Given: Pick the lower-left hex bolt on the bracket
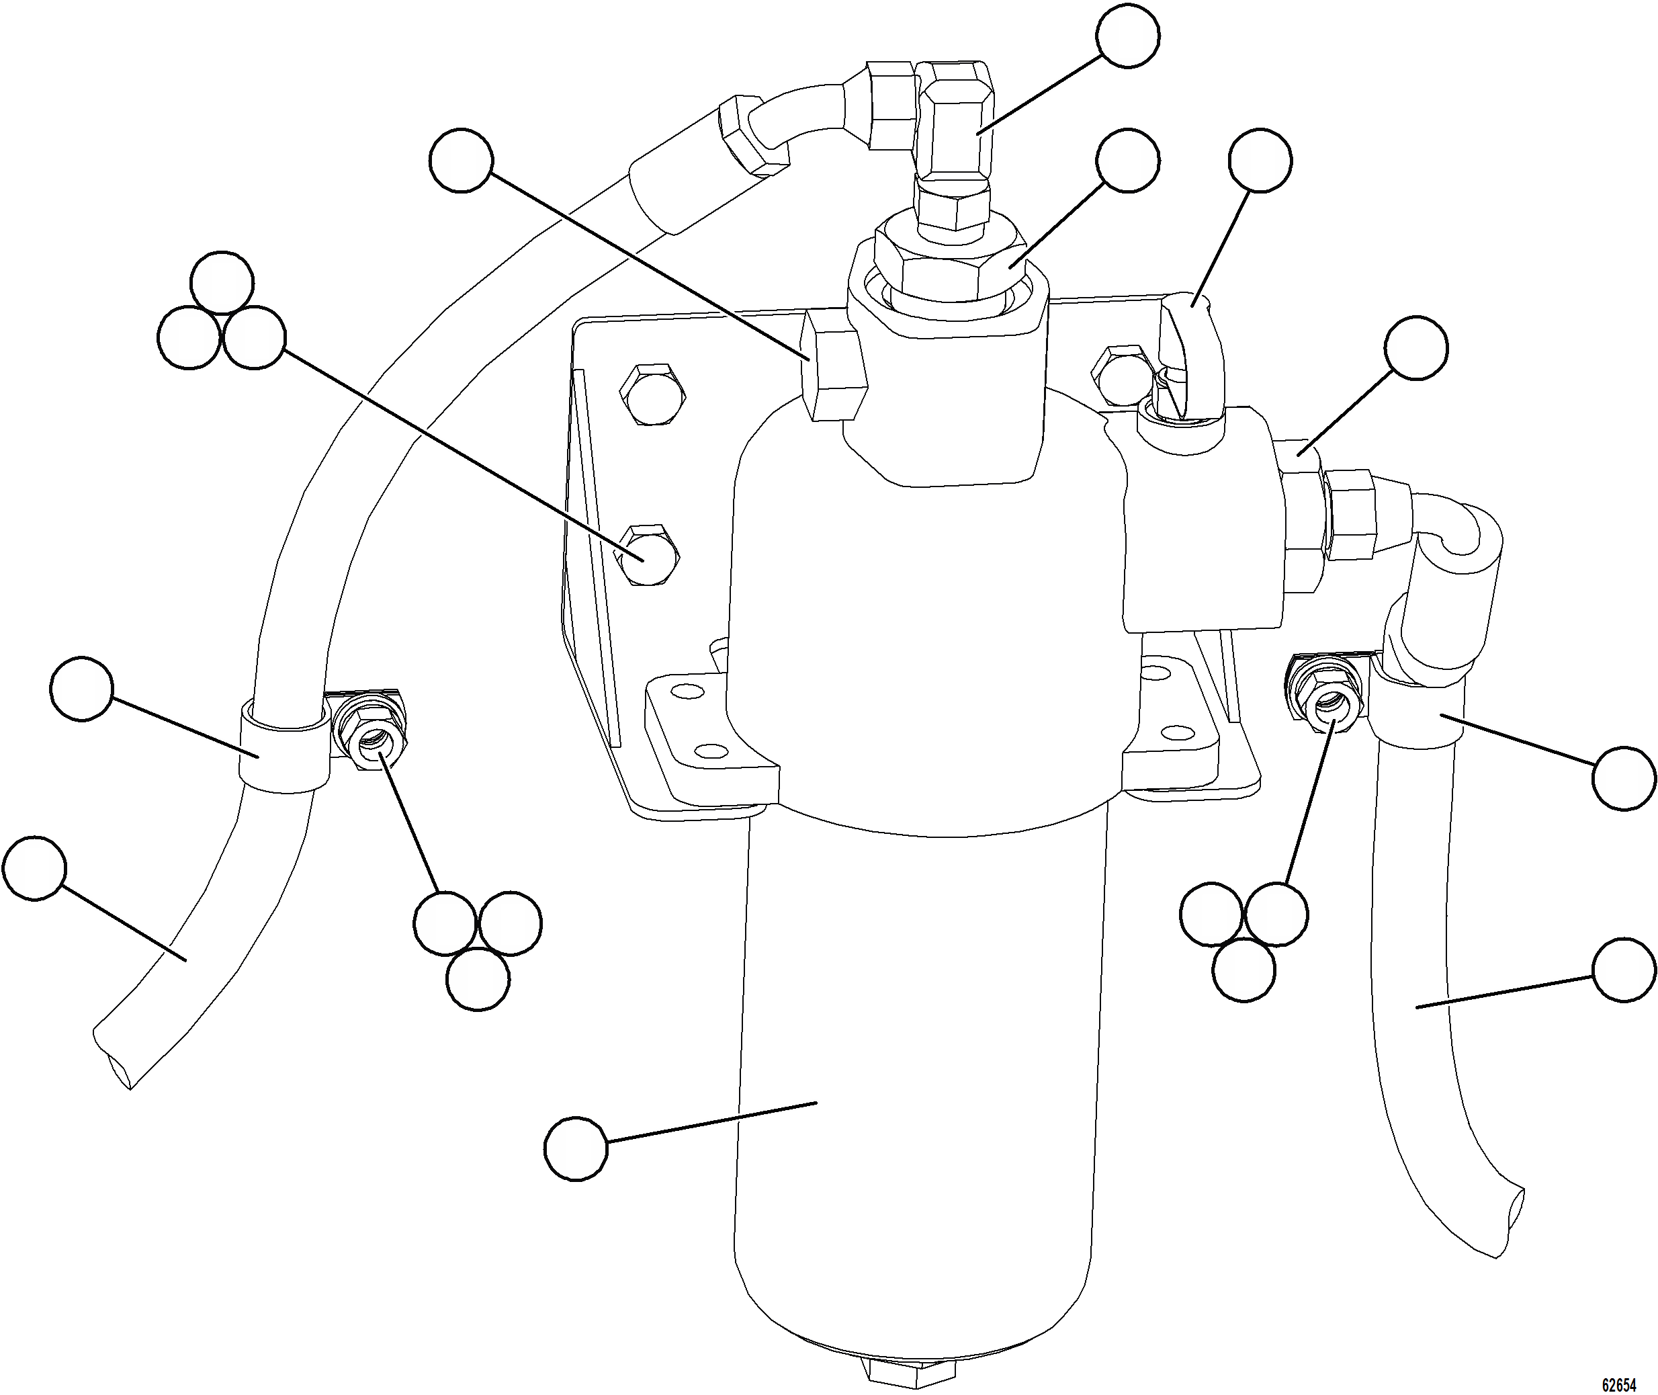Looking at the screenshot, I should (x=648, y=554).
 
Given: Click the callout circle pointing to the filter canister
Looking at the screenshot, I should (x=576, y=1149).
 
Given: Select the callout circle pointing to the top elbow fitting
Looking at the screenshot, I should (x=1128, y=36).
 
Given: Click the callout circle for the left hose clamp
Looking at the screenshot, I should (x=81, y=688).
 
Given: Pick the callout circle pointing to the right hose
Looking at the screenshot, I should (x=1624, y=970).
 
